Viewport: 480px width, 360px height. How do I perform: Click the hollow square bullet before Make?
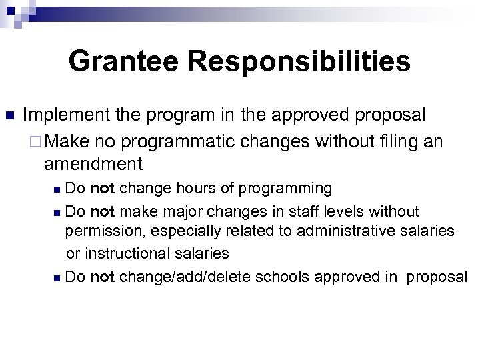click(x=37, y=142)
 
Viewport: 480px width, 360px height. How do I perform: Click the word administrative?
click(x=341, y=231)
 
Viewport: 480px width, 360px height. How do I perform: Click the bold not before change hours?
click(x=102, y=189)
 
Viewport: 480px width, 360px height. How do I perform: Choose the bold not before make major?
click(x=102, y=211)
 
